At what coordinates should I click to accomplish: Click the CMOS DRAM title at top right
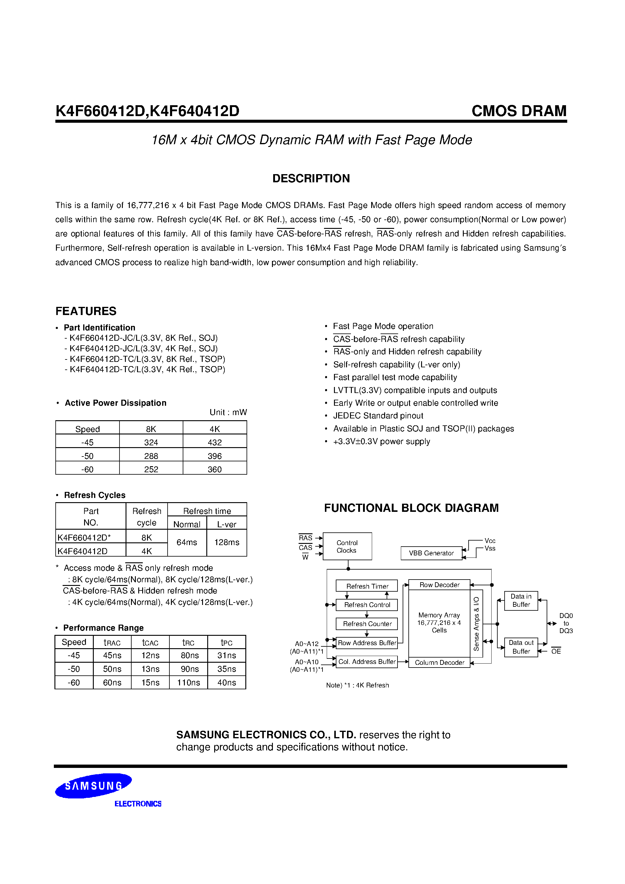[519, 111]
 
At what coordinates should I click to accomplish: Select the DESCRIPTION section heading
[311, 178]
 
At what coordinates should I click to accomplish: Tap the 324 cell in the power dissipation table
[151, 442]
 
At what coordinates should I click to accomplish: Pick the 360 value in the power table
[214, 469]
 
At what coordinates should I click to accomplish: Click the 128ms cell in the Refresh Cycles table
[227, 542]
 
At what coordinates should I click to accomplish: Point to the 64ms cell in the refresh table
[187, 542]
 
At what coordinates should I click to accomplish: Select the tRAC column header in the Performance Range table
[112, 643]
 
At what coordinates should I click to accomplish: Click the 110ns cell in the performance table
[188, 683]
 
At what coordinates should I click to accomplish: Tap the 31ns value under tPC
[227, 655]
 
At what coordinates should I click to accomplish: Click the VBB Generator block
[431, 553]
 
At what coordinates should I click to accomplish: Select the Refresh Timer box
[367, 586]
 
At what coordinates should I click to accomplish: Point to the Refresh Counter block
[367, 624]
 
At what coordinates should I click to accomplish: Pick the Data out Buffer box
[521, 647]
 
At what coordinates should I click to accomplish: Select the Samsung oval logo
[94, 785]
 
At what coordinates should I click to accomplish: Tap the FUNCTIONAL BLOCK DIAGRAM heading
[411, 508]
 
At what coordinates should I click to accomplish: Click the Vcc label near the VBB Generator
[490, 541]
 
